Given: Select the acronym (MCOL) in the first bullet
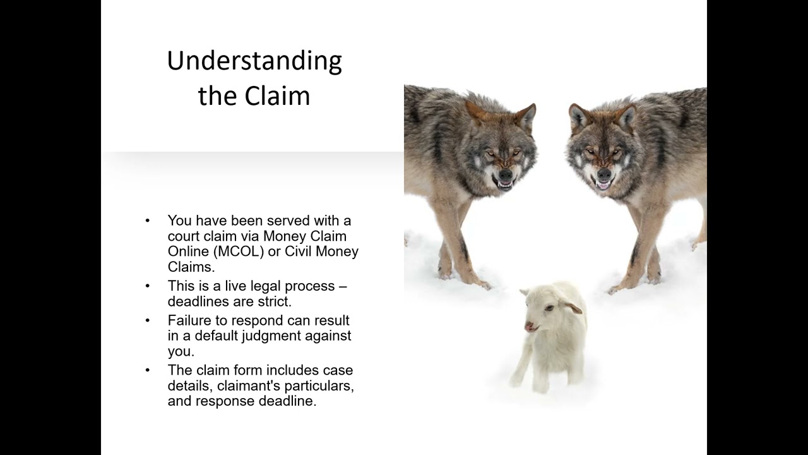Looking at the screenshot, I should (239, 252).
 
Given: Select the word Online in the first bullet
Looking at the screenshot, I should (188, 252).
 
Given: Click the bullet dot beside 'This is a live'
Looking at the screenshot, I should (148, 286).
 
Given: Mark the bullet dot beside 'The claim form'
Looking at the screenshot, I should (148, 370).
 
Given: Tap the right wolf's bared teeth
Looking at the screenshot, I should (603, 186).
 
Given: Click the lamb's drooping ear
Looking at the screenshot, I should (573, 308).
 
